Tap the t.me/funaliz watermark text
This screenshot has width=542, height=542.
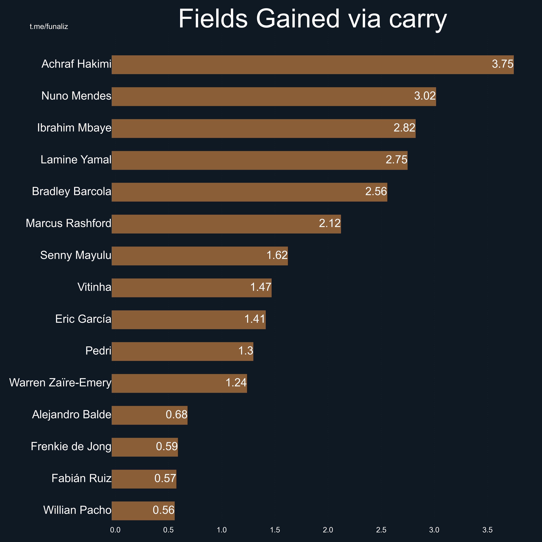[49, 27]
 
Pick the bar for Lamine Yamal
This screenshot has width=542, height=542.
[260, 160]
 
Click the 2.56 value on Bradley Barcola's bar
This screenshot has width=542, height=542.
[376, 192]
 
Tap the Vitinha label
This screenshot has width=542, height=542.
[94, 287]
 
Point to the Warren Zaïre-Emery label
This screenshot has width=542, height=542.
[60, 383]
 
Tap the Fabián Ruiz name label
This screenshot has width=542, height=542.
[81, 478]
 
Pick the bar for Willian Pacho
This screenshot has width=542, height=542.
[143, 511]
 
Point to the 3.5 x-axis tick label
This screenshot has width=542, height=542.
[487, 530]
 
